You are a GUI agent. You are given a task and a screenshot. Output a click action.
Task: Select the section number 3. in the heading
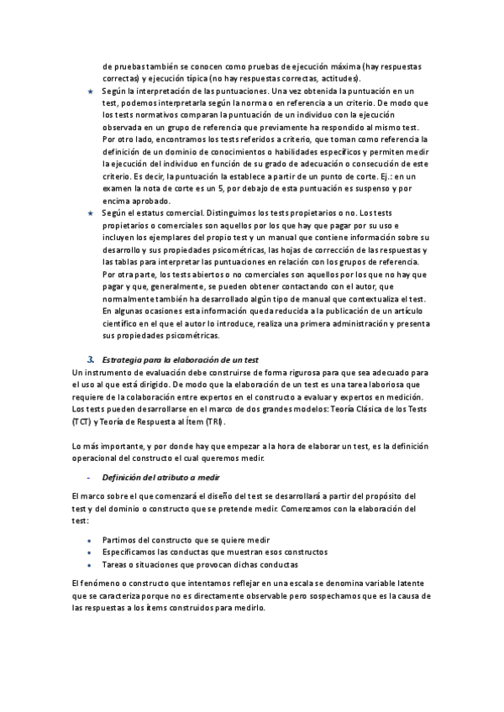click(x=91, y=359)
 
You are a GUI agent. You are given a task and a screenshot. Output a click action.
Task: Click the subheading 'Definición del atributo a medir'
click(x=148, y=477)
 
